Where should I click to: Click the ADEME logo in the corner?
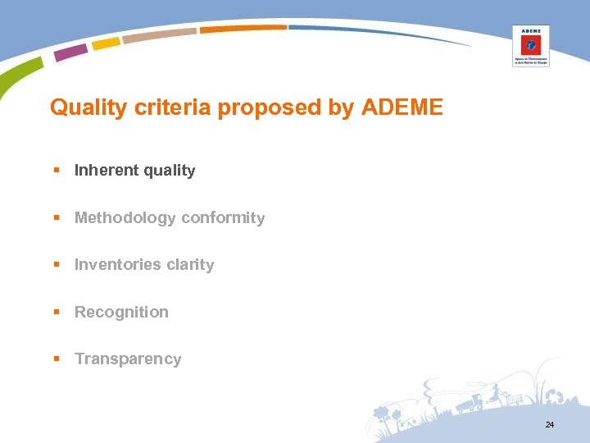tap(530, 46)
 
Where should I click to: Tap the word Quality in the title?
tap(80, 107)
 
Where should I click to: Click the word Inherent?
tap(107, 171)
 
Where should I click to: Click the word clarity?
tap(190, 265)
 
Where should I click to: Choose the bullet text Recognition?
tap(121, 313)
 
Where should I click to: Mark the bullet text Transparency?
tap(128, 359)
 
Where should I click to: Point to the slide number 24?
tap(549, 425)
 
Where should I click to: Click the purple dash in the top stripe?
tap(70, 53)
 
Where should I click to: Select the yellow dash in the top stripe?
tap(106, 43)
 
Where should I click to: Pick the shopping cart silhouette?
tap(515, 398)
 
